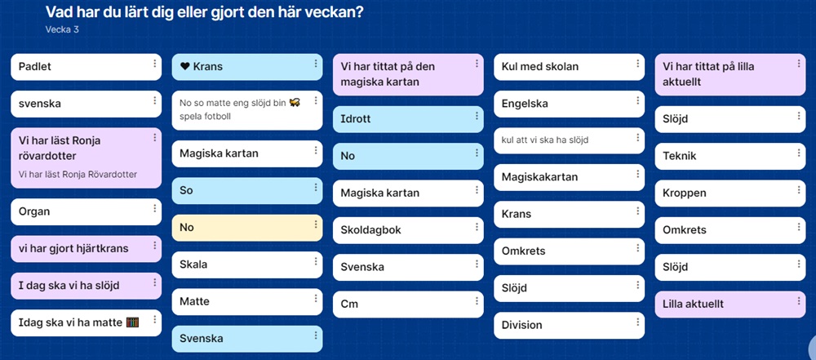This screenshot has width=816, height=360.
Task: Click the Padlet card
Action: (x=86, y=67)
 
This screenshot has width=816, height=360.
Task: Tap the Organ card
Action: (x=86, y=212)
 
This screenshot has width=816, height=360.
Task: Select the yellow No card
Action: (x=247, y=228)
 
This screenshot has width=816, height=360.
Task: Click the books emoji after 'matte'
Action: (x=133, y=322)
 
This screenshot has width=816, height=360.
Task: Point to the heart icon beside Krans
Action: (x=184, y=67)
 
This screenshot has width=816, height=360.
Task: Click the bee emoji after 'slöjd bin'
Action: (x=295, y=103)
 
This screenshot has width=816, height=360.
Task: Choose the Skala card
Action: (x=247, y=264)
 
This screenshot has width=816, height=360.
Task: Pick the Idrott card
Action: (x=408, y=119)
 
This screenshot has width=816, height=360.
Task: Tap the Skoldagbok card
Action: (x=408, y=230)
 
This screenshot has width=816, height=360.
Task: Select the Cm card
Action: (x=408, y=304)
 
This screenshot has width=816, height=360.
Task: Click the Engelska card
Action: (x=569, y=104)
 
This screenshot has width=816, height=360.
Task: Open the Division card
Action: (x=569, y=326)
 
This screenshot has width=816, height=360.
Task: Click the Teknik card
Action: (x=730, y=156)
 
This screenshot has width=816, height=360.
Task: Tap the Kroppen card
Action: (x=730, y=193)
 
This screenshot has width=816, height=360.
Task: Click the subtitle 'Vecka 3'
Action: (x=62, y=29)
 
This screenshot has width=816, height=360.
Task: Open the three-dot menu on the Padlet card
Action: (x=154, y=64)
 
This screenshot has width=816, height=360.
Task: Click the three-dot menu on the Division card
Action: (x=637, y=322)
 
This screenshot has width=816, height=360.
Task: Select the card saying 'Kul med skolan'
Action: (x=569, y=67)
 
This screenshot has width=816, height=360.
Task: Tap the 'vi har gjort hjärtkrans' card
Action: (x=86, y=249)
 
